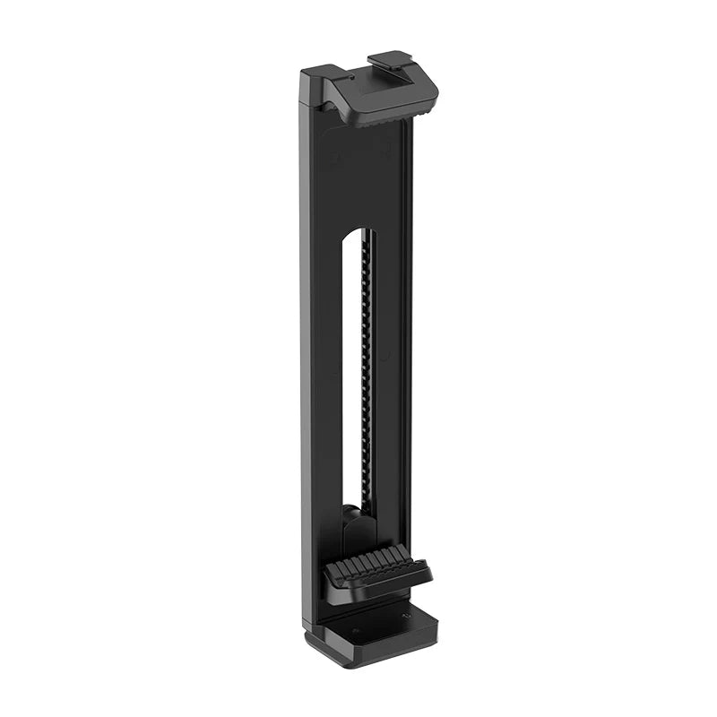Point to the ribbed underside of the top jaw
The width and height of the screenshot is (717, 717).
(x=389, y=116)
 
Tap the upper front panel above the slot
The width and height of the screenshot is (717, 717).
(x=358, y=175)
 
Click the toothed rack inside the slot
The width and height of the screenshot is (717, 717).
(x=367, y=376)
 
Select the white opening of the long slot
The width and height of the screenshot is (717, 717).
(x=351, y=376)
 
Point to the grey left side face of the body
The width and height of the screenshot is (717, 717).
(x=307, y=358)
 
